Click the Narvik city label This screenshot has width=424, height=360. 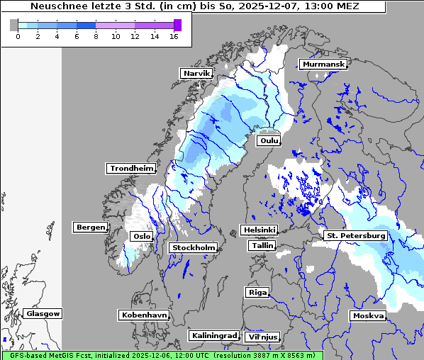pos(197,73)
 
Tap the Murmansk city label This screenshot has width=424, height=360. pos(323,64)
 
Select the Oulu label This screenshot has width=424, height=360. pos(269,140)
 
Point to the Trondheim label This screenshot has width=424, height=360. pos(131,169)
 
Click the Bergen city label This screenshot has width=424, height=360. pos(89,227)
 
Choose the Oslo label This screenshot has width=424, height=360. pos(142,236)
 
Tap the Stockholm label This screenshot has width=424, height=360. pos(193,247)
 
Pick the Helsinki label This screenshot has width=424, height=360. pos(258,230)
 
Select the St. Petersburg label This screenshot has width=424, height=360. pos(355,235)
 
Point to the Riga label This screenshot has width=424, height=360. pos(257,292)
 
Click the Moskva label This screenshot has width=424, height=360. pos(368,315)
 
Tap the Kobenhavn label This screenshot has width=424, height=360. pos(144,314)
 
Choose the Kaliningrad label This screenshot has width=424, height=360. pos(213,335)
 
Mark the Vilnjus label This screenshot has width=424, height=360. pos(262,337)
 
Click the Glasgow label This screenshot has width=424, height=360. pos(43,313)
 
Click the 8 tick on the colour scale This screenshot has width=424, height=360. pos(96,36)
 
